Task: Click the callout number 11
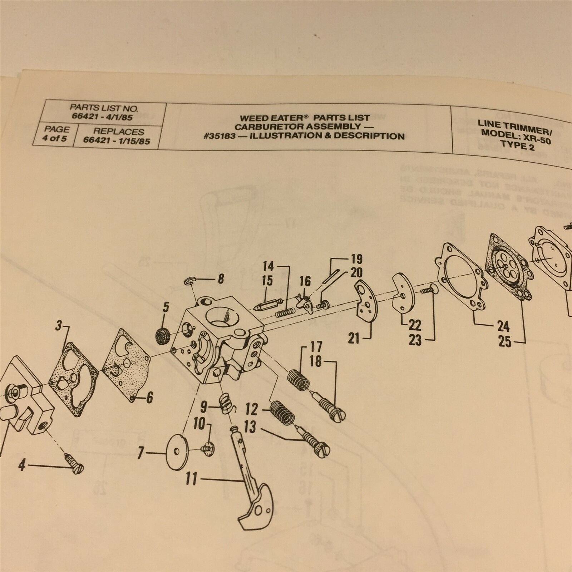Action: (x=191, y=479)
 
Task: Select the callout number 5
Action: (x=166, y=306)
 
